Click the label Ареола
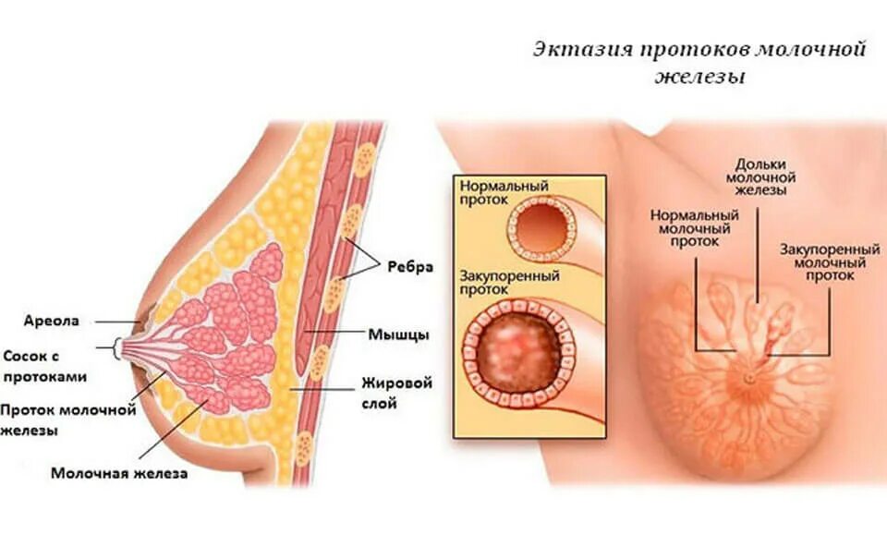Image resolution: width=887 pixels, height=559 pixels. click(x=54, y=322)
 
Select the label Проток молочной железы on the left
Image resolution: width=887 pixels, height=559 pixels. click(x=68, y=419)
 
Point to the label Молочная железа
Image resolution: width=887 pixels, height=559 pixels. click(x=119, y=474)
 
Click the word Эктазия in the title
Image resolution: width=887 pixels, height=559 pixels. click(x=577, y=49)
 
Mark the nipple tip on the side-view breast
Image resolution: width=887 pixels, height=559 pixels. click(x=121, y=348)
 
